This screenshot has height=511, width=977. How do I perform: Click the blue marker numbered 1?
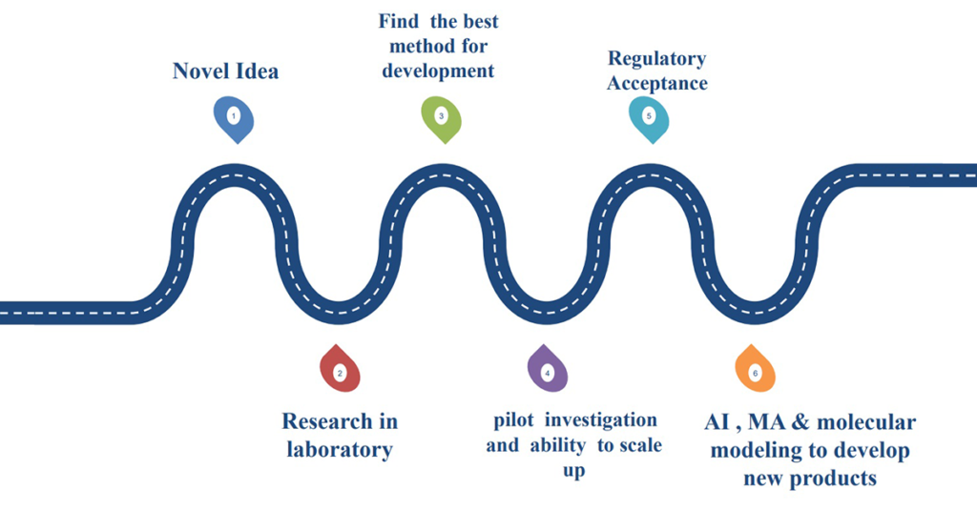click(x=234, y=117)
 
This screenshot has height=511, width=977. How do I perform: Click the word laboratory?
click(x=340, y=449)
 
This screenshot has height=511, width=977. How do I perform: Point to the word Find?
click(x=398, y=21)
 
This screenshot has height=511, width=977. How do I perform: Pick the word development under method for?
click(x=438, y=71)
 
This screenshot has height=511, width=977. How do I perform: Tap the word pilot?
click(x=516, y=420)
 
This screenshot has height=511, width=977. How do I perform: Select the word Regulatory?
click(x=657, y=59)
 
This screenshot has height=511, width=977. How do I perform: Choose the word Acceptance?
click(x=657, y=83)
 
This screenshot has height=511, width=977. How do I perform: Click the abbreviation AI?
click(x=717, y=422)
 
